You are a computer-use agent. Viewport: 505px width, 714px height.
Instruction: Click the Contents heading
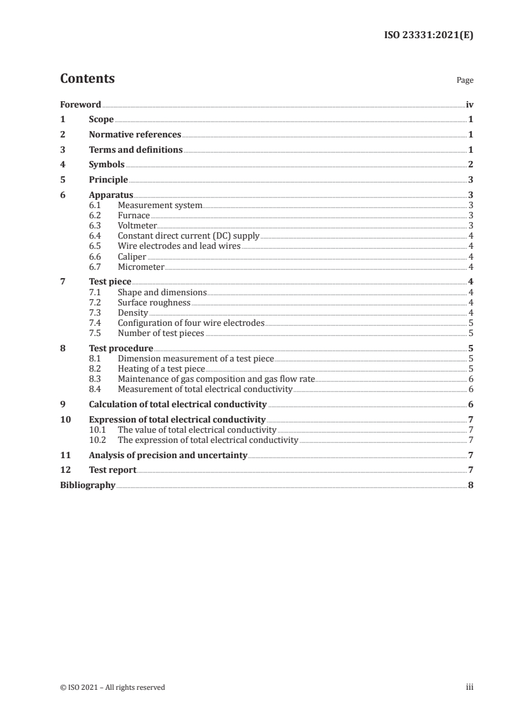click(x=87, y=79)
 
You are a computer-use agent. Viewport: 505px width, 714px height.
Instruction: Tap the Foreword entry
click(x=80, y=104)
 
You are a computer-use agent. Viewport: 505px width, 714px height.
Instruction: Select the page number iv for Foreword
click(x=469, y=104)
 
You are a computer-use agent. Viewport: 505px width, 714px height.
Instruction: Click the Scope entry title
click(x=101, y=120)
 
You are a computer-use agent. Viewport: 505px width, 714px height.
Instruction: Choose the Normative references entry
click(x=135, y=135)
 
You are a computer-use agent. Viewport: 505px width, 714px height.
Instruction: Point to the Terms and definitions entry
click(x=136, y=150)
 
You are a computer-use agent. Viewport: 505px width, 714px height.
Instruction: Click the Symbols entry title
click(x=106, y=165)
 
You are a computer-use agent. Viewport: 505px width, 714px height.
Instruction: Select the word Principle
click(x=108, y=180)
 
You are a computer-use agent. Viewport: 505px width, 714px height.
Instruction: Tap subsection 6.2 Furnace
click(x=134, y=216)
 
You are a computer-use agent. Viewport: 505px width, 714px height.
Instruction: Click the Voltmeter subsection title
click(x=137, y=225)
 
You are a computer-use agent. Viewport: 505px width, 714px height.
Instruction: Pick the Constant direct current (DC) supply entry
click(x=188, y=235)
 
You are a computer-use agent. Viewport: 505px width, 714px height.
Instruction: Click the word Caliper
click(x=132, y=256)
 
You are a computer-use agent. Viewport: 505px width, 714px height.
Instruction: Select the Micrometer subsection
click(x=141, y=266)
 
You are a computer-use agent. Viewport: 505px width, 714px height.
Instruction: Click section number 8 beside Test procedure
click(x=62, y=348)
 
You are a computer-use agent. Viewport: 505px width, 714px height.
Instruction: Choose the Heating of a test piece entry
click(x=161, y=368)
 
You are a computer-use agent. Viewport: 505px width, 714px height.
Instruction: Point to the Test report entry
click(x=113, y=470)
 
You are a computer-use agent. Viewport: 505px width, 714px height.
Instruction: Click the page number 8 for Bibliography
click(x=470, y=485)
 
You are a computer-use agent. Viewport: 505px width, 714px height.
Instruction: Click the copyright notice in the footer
click(x=113, y=687)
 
